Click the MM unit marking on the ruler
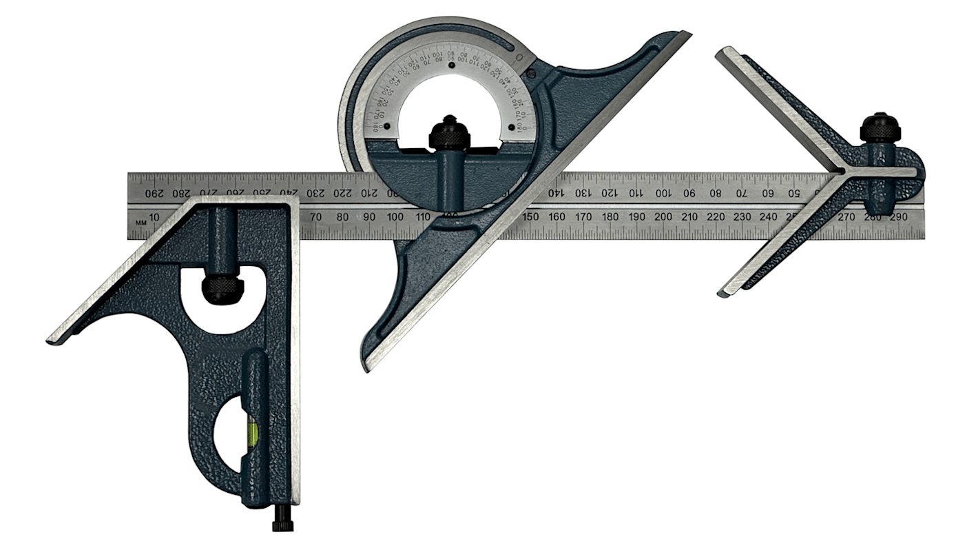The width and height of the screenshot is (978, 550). coord(141,222)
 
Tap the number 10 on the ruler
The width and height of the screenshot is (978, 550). coord(155,218)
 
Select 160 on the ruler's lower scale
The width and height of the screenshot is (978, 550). coord(556,217)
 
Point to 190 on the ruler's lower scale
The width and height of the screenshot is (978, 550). coord(636,217)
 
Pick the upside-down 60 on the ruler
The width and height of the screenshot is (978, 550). coord(768,193)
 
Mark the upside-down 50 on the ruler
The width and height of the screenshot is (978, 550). coord(793,193)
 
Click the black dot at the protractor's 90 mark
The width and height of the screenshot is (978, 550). coord(450,66)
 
